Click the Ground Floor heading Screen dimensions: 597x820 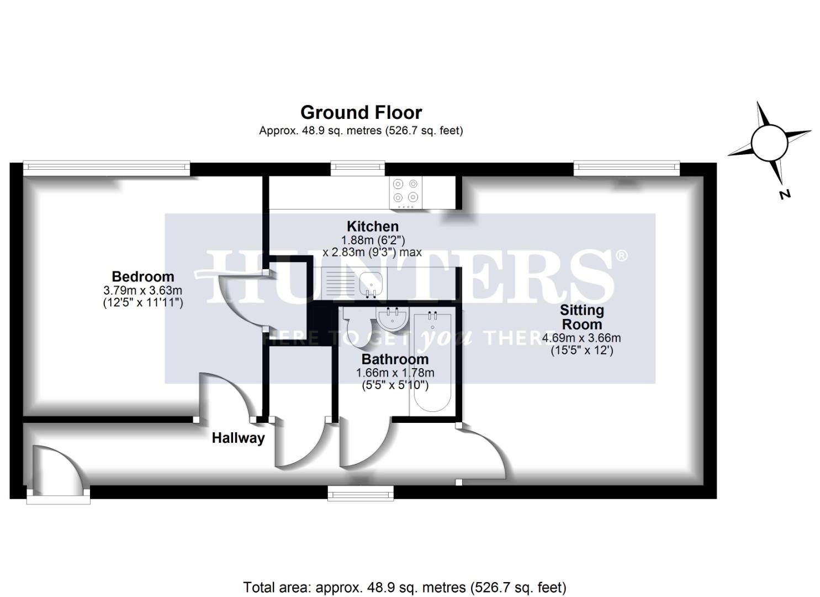[x=361, y=112]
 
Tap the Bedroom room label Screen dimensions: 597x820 [x=142, y=276]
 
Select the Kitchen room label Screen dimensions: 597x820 [x=373, y=226]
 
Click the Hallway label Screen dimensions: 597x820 [x=238, y=438]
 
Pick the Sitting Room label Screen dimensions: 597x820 [x=581, y=317]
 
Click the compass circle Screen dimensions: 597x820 [x=769, y=142]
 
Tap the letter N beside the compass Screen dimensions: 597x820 [x=784, y=194]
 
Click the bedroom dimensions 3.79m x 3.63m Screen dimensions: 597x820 [x=142, y=290]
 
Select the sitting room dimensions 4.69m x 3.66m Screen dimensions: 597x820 [x=581, y=338]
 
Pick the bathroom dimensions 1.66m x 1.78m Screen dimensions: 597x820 [x=395, y=373]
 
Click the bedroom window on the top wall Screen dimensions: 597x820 [x=107, y=167]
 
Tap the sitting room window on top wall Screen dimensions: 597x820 [x=627, y=167]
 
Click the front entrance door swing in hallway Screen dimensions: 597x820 [x=55, y=470]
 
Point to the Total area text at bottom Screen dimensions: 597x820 [x=405, y=587]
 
